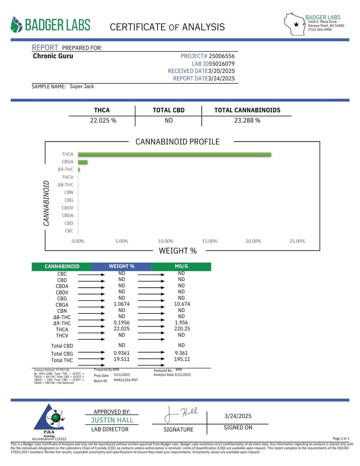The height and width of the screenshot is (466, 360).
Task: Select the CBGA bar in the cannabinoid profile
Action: [x=83, y=162]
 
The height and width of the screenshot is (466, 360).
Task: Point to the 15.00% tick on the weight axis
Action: [x=209, y=241]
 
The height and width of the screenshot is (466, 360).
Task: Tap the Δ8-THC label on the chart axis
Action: [x=65, y=185]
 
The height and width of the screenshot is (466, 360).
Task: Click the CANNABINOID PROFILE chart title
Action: [x=177, y=142]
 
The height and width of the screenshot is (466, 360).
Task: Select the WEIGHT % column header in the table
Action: [x=121, y=266]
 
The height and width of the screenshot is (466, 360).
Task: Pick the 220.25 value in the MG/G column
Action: [x=182, y=329]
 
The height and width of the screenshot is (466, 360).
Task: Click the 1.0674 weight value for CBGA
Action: [x=121, y=304]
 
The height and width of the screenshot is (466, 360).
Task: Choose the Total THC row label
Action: [x=62, y=360]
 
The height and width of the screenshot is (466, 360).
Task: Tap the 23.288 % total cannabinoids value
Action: [x=247, y=121]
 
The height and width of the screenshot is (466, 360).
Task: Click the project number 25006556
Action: [x=222, y=56]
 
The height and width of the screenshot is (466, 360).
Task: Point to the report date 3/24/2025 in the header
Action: [x=221, y=79]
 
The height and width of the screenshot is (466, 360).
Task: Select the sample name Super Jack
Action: [x=82, y=86]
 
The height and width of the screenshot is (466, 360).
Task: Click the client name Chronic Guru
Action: [x=53, y=56]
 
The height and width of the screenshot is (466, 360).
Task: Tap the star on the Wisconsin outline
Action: [x=296, y=25]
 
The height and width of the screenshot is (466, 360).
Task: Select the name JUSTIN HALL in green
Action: [x=112, y=420]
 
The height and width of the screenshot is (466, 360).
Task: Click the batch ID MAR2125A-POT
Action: [x=126, y=380]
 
